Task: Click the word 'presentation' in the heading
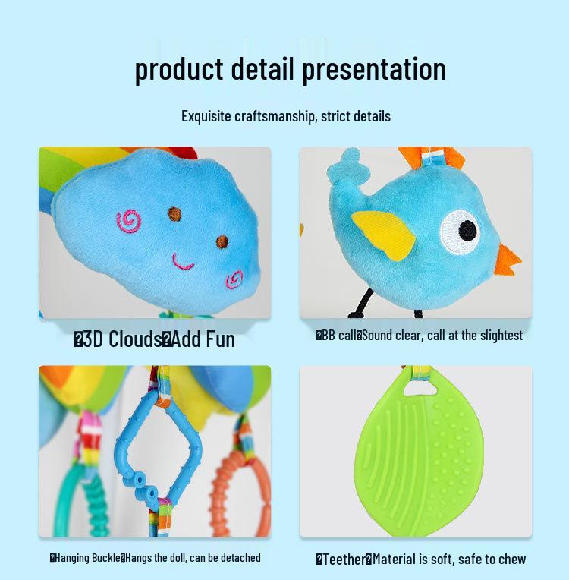pos(373,69)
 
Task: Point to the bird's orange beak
pos(508,260)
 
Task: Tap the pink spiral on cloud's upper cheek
pos(129,221)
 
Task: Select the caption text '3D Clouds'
pos(121,339)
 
